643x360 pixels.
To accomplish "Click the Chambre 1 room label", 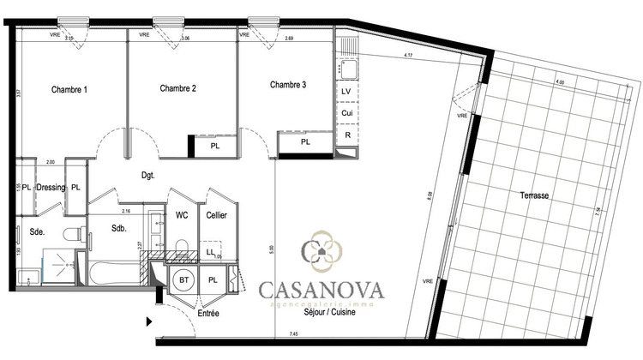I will [x=69, y=90].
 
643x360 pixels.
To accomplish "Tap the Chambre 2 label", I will [x=178, y=88].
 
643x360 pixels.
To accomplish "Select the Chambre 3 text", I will [x=288, y=85].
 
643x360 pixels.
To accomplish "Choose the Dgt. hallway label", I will [x=148, y=175].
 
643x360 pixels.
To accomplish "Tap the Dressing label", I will [x=51, y=187].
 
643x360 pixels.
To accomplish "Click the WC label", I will [x=182, y=215].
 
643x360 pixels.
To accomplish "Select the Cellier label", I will [x=216, y=215].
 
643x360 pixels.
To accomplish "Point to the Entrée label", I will [x=208, y=314].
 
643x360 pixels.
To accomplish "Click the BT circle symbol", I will [x=184, y=279].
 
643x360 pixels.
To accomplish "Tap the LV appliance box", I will [x=346, y=92].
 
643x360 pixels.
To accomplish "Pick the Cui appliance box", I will [x=346, y=113].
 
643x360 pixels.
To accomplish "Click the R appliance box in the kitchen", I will [x=346, y=135].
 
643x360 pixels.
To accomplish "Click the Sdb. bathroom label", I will [x=119, y=228].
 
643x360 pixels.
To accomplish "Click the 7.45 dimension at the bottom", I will [x=293, y=333].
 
